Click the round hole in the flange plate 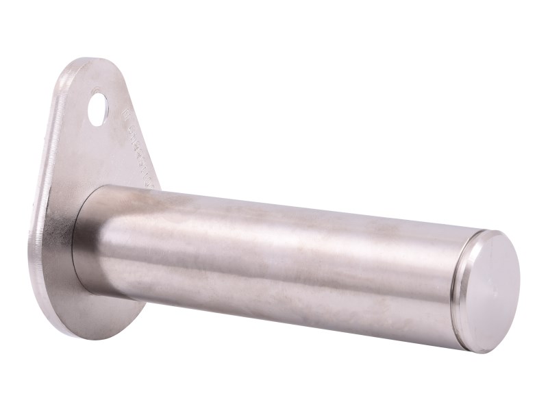click(x=101, y=107)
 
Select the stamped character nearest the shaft click(x=154, y=179)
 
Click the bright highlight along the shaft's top click(x=274, y=206)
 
